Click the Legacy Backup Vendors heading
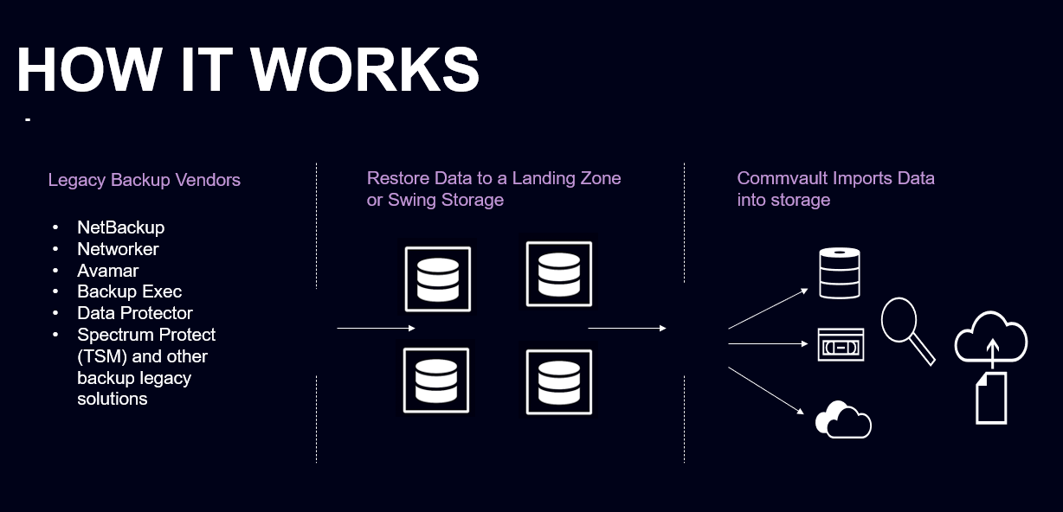point(144,180)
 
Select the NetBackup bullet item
point(120,227)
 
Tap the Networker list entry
point(118,249)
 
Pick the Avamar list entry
point(107,271)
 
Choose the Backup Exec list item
point(129,291)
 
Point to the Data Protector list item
point(134,313)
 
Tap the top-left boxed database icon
point(437,279)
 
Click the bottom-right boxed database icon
point(558,381)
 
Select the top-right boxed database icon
point(558,274)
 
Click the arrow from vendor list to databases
point(376,329)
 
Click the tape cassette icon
point(841,345)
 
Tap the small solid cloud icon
point(842,420)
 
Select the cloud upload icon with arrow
point(991,338)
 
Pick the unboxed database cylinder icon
point(840,273)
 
